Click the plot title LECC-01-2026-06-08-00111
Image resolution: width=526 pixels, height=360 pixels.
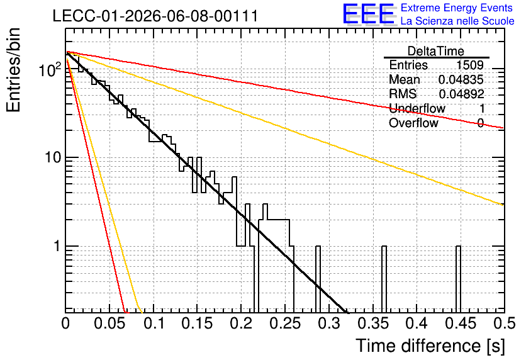coord(155,16)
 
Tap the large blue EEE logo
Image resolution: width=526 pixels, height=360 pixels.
coord(368,14)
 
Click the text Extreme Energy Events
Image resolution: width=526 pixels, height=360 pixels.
coord(457,8)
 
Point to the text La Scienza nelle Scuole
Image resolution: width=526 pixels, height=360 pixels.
coord(457,21)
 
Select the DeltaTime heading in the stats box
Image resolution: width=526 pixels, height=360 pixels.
coord(436,51)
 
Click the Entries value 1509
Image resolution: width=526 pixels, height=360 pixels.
coord(469,65)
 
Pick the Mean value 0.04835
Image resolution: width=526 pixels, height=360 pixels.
coord(461,79)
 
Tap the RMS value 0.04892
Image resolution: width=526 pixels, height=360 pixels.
coord(461,94)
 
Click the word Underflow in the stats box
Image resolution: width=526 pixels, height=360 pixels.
coord(417,108)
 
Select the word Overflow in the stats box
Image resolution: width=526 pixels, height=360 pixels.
coord(413,123)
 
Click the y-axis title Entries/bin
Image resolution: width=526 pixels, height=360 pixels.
coord(13,70)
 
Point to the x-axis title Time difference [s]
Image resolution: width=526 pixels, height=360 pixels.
coord(430,346)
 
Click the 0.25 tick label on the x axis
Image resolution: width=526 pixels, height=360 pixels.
coord(286,323)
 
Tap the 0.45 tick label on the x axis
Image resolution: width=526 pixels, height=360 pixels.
coord(461,323)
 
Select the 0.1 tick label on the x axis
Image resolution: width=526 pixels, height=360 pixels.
coord(155,323)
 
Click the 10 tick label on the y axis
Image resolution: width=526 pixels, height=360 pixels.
coord(53,157)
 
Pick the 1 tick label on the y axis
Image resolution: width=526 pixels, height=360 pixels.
coord(57,246)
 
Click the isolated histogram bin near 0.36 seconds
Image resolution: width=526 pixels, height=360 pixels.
coord(384,279)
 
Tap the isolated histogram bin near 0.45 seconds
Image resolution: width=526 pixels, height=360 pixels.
coord(458,279)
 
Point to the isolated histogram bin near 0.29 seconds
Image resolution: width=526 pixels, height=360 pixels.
coord(318,279)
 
